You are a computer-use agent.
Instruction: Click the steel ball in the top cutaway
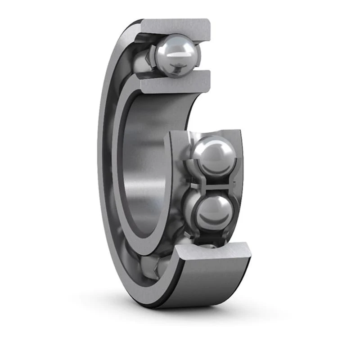coord(177,55)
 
